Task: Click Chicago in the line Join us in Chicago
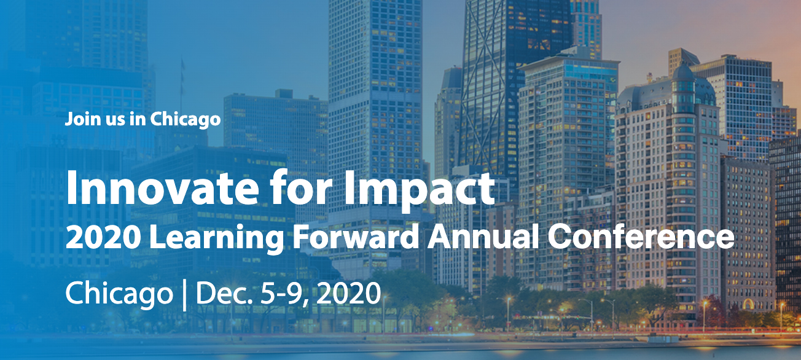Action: click(186, 120)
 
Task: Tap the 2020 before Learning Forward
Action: click(102, 237)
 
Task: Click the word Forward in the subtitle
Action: click(356, 237)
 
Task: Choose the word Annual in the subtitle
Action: click(483, 237)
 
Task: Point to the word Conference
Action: click(641, 237)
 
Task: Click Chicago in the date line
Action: click(119, 294)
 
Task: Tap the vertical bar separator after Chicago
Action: click(184, 295)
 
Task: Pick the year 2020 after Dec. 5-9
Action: click(349, 294)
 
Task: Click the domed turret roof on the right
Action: click(683, 71)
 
